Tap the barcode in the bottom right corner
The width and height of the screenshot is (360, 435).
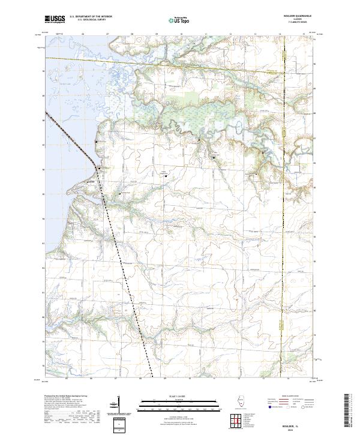coord(347,412)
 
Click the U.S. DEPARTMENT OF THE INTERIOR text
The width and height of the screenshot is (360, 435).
coord(91,16)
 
